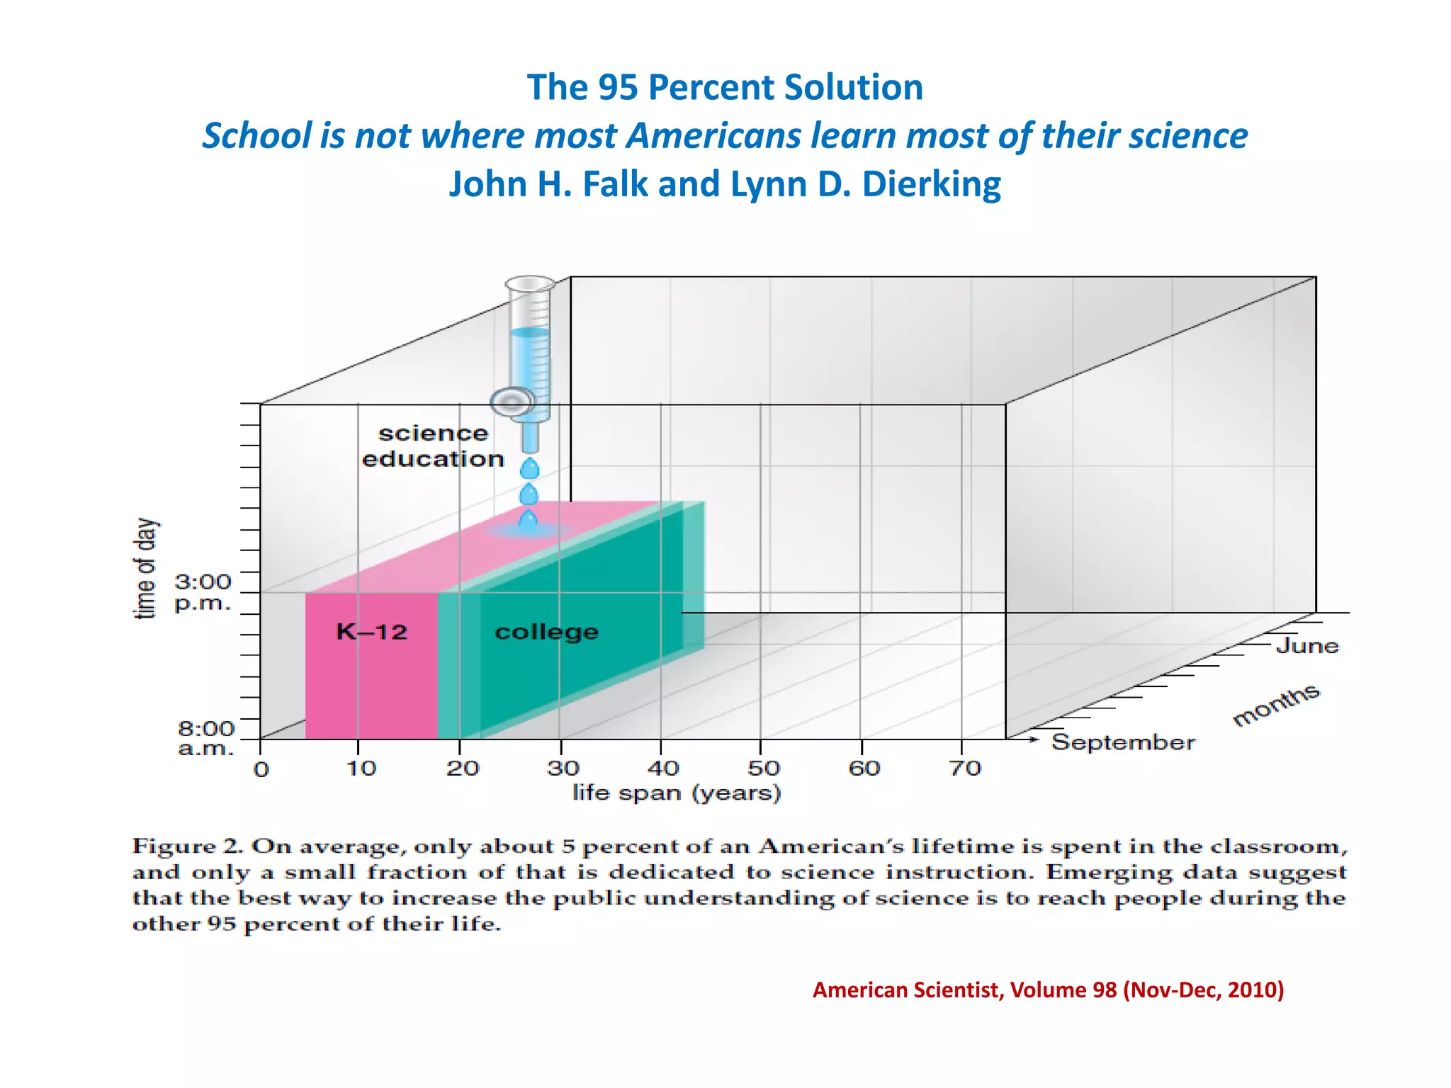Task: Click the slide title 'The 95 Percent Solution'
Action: pos(725,88)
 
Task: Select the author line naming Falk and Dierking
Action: pos(725,184)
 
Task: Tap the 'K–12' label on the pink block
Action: pos(371,631)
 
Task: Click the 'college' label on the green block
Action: pos(546,631)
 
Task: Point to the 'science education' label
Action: pos(433,446)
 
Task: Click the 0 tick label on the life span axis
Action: pos(261,769)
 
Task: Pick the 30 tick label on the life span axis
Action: pos(563,769)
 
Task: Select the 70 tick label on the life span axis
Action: pos(965,769)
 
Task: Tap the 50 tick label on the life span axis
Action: pos(764,769)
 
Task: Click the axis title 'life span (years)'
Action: pos(677,793)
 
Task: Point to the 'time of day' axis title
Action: pos(145,569)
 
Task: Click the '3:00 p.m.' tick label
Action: pos(203,592)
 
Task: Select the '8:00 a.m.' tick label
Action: pos(205,738)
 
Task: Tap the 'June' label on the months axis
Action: pos(1307,646)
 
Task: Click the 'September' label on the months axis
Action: pos(1123,742)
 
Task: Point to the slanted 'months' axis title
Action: pos(1276,705)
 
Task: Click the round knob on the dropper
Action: pos(512,402)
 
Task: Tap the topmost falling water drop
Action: pos(529,468)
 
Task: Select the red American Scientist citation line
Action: pos(1048,990)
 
